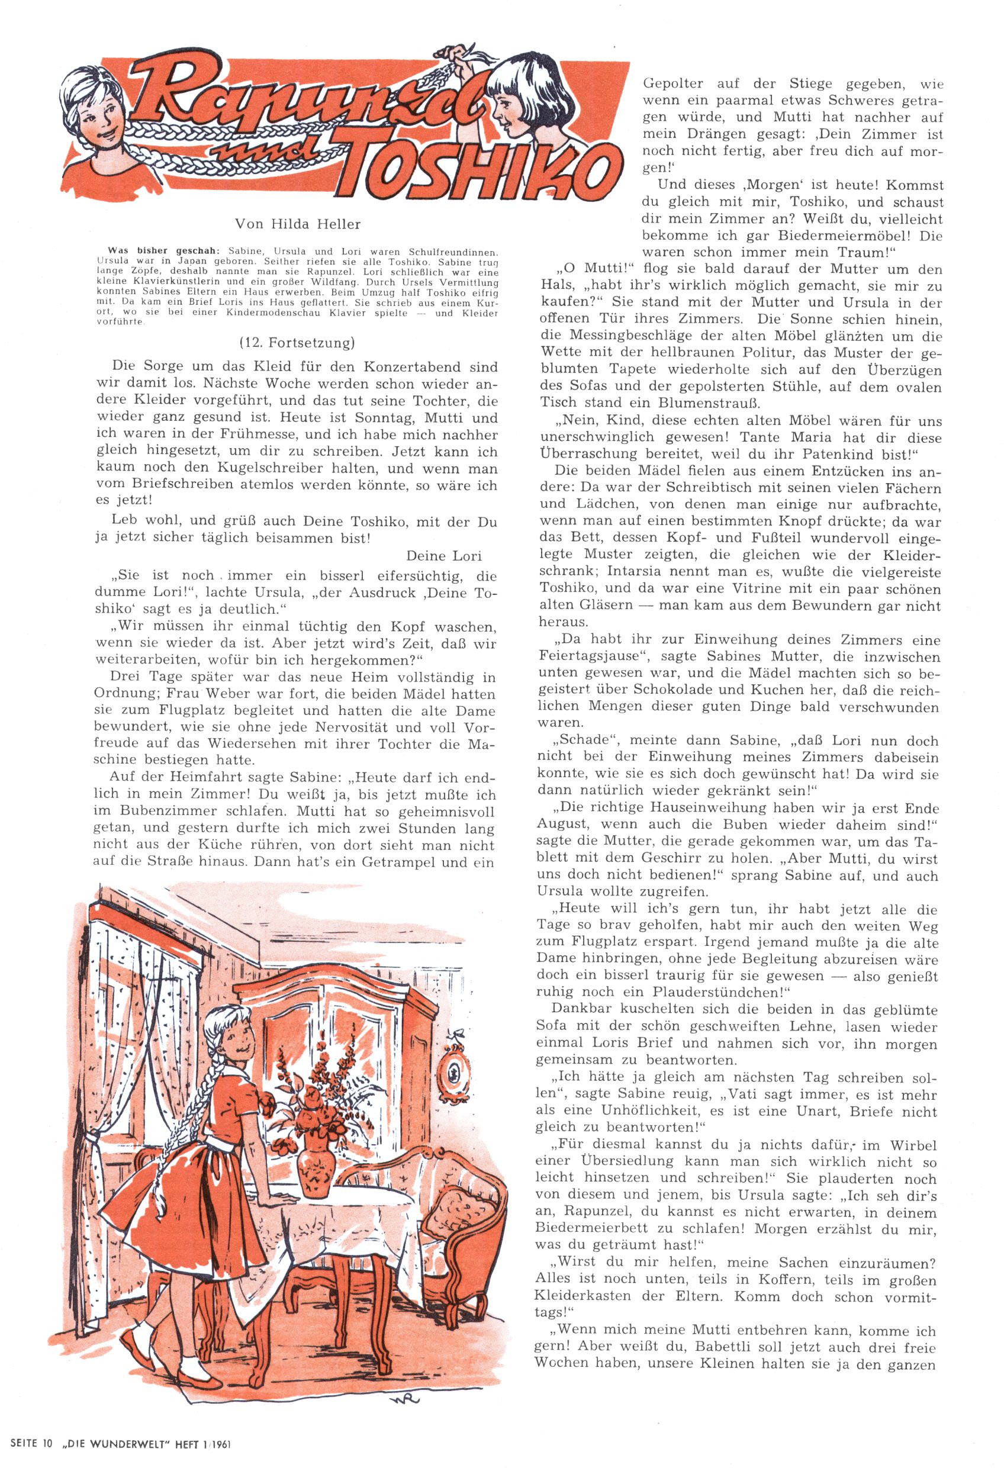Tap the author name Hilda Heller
(298, 224)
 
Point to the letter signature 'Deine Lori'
(443, 556)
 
